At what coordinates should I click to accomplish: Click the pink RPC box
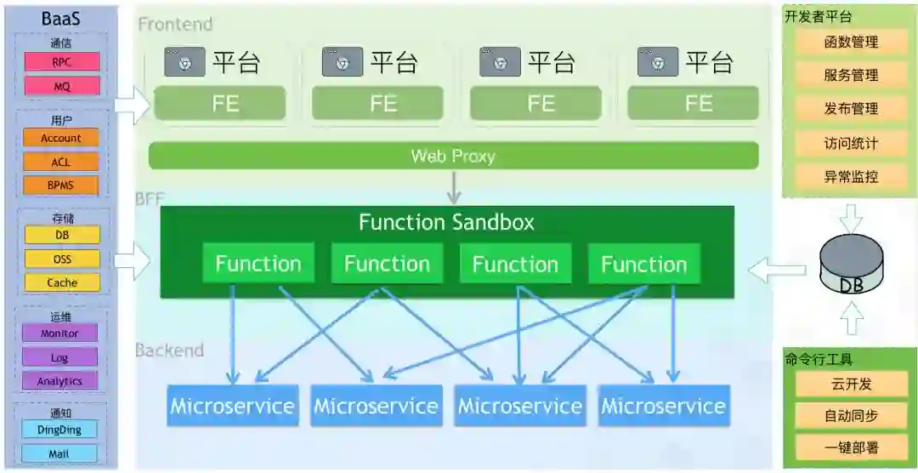[62, 61]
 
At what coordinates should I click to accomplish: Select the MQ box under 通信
[62, 86]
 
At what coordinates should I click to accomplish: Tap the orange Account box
[61, 139]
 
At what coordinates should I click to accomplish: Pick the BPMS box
[61, 185]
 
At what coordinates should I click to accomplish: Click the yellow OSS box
[62, 259]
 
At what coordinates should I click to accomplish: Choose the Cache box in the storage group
[62, 282]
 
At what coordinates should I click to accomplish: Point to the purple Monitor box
[59, 333]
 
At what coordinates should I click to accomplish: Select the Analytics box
[59, 381]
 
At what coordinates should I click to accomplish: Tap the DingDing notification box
[59, 430]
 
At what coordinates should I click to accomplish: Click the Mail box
[59, 453]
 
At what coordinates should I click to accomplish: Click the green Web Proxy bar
[453, 156]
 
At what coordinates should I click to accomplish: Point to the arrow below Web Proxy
[454, 187]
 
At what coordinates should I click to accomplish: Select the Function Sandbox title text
[447, 223]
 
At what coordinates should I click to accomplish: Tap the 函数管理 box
[851, 43]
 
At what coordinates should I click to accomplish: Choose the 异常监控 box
[851, 176]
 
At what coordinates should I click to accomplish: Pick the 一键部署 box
[851, 448]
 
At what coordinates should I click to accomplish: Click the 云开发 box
[851, 384]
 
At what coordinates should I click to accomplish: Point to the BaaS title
[61, 18]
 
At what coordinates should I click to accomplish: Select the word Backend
[170, 350]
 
